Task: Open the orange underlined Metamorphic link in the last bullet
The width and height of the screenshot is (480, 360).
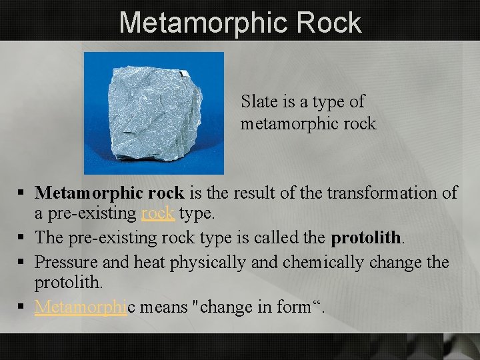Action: tap(81, 307)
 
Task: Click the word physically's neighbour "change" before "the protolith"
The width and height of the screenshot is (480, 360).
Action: tap(393, 262)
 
